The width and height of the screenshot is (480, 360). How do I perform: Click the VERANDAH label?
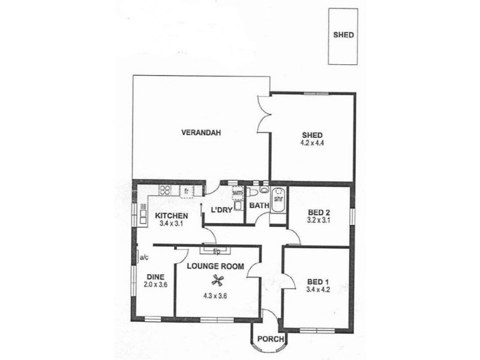(x=198, y=133)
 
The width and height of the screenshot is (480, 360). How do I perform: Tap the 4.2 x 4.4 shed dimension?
(x=312, y=144)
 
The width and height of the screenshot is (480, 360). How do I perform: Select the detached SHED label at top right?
(x=343, y=34)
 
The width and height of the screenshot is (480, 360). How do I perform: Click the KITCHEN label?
(x=171, y=216)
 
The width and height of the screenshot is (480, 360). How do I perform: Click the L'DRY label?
(x=222, y=209)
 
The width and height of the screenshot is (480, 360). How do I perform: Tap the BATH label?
(x=259, y=205)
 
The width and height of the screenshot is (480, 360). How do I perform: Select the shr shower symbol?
(x=278, y=198)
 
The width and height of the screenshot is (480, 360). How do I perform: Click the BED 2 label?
(x=319, y=212)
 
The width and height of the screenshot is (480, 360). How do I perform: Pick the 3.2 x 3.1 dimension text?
(x=319, y=220)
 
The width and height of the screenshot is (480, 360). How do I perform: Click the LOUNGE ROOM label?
(x=215, y=266)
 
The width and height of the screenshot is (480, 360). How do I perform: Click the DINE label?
(x=156, y=277)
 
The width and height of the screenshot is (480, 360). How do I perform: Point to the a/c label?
(x=144, y=259)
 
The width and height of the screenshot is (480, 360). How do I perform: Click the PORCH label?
(x=270, y=340)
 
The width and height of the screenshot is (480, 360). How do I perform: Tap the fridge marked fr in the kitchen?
(x=187, y=191)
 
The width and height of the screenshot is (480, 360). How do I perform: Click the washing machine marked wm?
(x=237, y=194)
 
